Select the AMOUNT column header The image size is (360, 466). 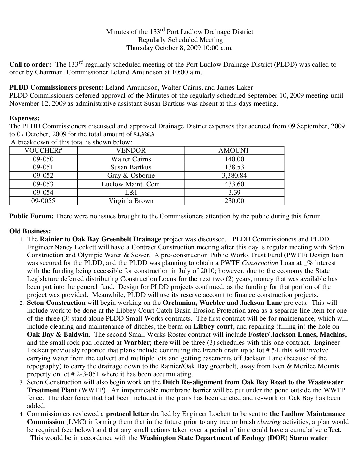click(234, 151)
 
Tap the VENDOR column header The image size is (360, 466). click(131, 151)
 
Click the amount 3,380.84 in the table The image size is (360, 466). click(234, 176)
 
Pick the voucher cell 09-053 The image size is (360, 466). click(43, 184)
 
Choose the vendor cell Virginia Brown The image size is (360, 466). click(131, 201)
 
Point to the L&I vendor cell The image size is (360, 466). click(131, 192)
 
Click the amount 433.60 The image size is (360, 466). click(234, 184)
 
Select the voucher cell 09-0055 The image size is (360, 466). click(43, 201)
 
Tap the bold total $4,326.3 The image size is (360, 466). click(144, 135)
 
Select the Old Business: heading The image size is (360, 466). click(30, 231)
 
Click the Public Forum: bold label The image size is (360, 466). click(31, 216)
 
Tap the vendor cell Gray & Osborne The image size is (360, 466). click(131, 176)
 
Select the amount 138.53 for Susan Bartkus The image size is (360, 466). click(234, 167)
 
